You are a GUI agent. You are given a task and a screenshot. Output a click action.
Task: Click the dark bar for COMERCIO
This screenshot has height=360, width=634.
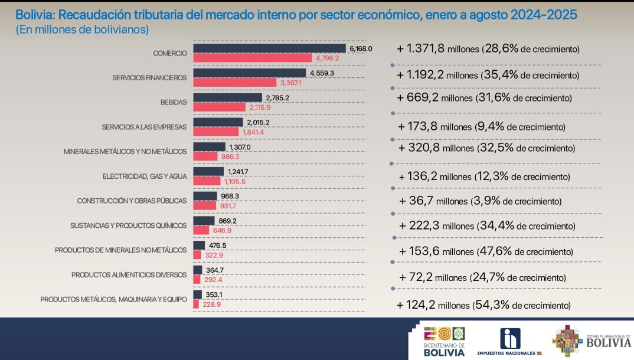coord(269,48)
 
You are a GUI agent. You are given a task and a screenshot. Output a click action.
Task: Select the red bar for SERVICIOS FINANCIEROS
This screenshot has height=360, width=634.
coord(234,83)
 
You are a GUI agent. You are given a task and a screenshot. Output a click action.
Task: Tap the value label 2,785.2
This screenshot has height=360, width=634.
coord(277,97)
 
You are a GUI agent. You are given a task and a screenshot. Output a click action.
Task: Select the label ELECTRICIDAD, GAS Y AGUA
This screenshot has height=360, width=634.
coord(145,176)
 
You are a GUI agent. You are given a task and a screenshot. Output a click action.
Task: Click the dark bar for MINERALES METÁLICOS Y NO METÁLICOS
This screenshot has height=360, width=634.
coord(209,147)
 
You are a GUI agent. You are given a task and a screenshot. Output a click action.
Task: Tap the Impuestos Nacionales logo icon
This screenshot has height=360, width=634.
coord(510,339)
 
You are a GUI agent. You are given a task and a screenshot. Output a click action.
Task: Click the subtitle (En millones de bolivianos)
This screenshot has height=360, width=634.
coord(82,29)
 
